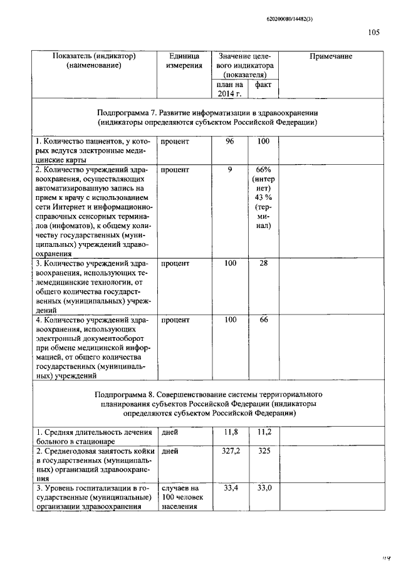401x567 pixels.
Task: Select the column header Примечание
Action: pyautogui.click(x=331, y=56)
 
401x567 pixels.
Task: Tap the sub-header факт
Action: pyautogui.click(x=263, y=84)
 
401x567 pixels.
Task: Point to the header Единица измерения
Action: pyautogui.click(x=184, y=61)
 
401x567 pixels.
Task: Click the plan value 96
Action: pyautogui.click(x=230, y=142)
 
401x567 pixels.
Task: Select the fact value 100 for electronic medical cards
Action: pyautogui.click(x=263, y=142)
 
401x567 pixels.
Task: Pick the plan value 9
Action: pyautogui.click(x=230, y=170)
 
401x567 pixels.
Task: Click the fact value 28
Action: pyautogui.click(x=263, y=264)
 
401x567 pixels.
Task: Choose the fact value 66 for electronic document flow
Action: pyautogui.click(x=263, y=320)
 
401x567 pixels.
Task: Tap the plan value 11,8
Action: pyautogui.click(x=231, y=432)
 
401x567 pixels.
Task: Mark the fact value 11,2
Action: pyautogui.click(x=263, y=432)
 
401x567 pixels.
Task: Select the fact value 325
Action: pyautogui.click(x=263, y=451)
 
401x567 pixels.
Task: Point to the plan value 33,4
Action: pyautogui.click(x=231, y=489)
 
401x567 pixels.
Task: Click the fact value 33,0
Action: pyautogui.click(x=263, y=489)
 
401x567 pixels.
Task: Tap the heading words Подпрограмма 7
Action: pyautogui.click(x=126, y=112)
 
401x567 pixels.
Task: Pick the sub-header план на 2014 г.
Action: pyautogui.click(x=229, y=88)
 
